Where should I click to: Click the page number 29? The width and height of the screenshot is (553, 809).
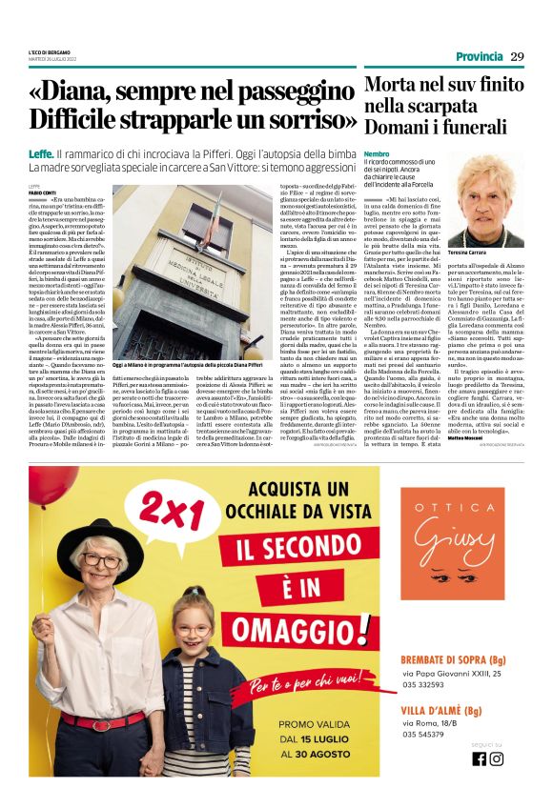point(518,55)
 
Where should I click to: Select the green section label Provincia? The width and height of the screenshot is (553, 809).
point(479,55)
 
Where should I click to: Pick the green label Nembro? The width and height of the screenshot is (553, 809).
point(376,153)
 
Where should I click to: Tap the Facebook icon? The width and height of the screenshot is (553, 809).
point(479,758)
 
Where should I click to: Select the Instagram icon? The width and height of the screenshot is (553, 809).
point(496,758)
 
